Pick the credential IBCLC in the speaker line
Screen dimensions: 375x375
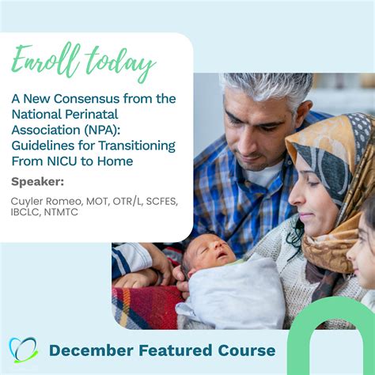point(27,214)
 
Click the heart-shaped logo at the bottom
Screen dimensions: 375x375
point(23,350)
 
